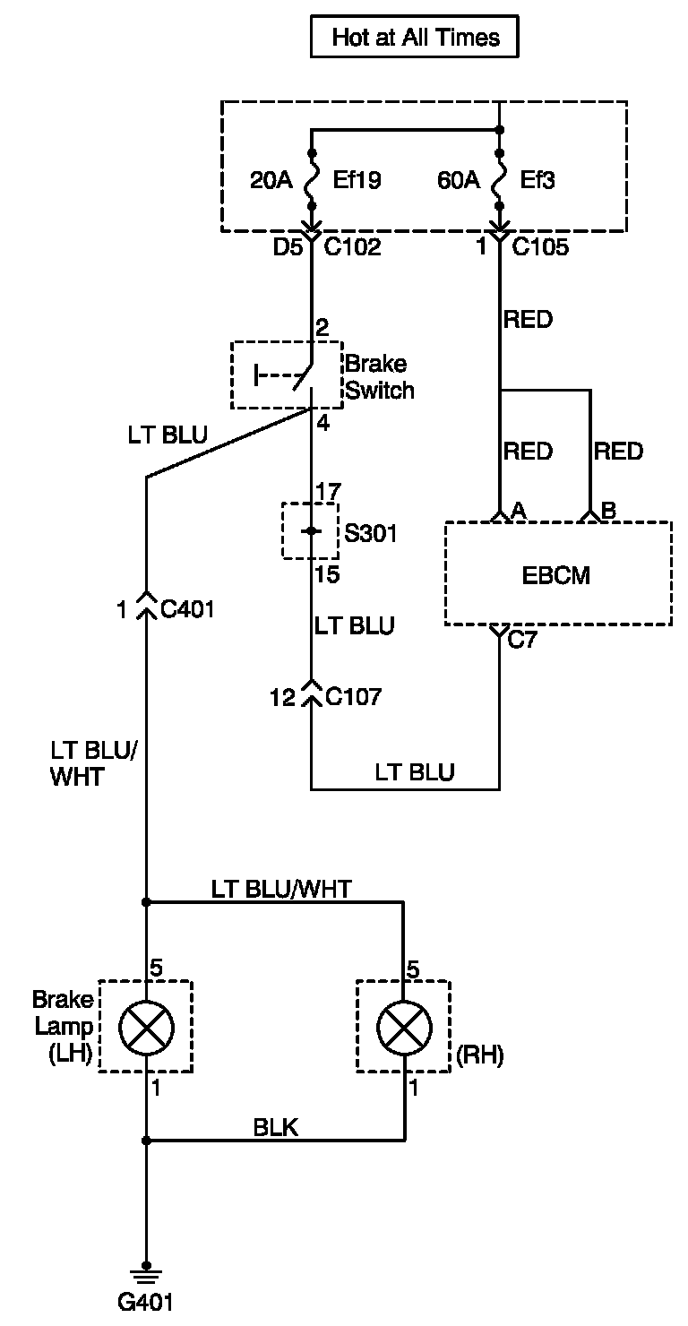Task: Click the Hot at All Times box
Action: pos(415,37)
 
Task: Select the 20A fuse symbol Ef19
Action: pos(312,179)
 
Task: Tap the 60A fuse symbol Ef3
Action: pos(499,179)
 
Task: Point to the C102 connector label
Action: pos(352,247)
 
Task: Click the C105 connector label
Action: pos(540,247)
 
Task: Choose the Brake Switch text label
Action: pos(380,377)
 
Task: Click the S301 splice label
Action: pos(370,533)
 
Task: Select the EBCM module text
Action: pos(556,575)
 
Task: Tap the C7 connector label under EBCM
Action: pos(522,640)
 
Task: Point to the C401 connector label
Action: pos(187,609)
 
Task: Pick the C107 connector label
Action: pos(353,697)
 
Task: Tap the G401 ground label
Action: pos(145,1303)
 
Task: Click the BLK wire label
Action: pos(275,1127)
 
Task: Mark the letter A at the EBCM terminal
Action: pos(518,511)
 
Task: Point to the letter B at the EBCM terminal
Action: pos(608,511)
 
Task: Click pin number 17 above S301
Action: pos(328,491)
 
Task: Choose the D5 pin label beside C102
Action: pos(288,247)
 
